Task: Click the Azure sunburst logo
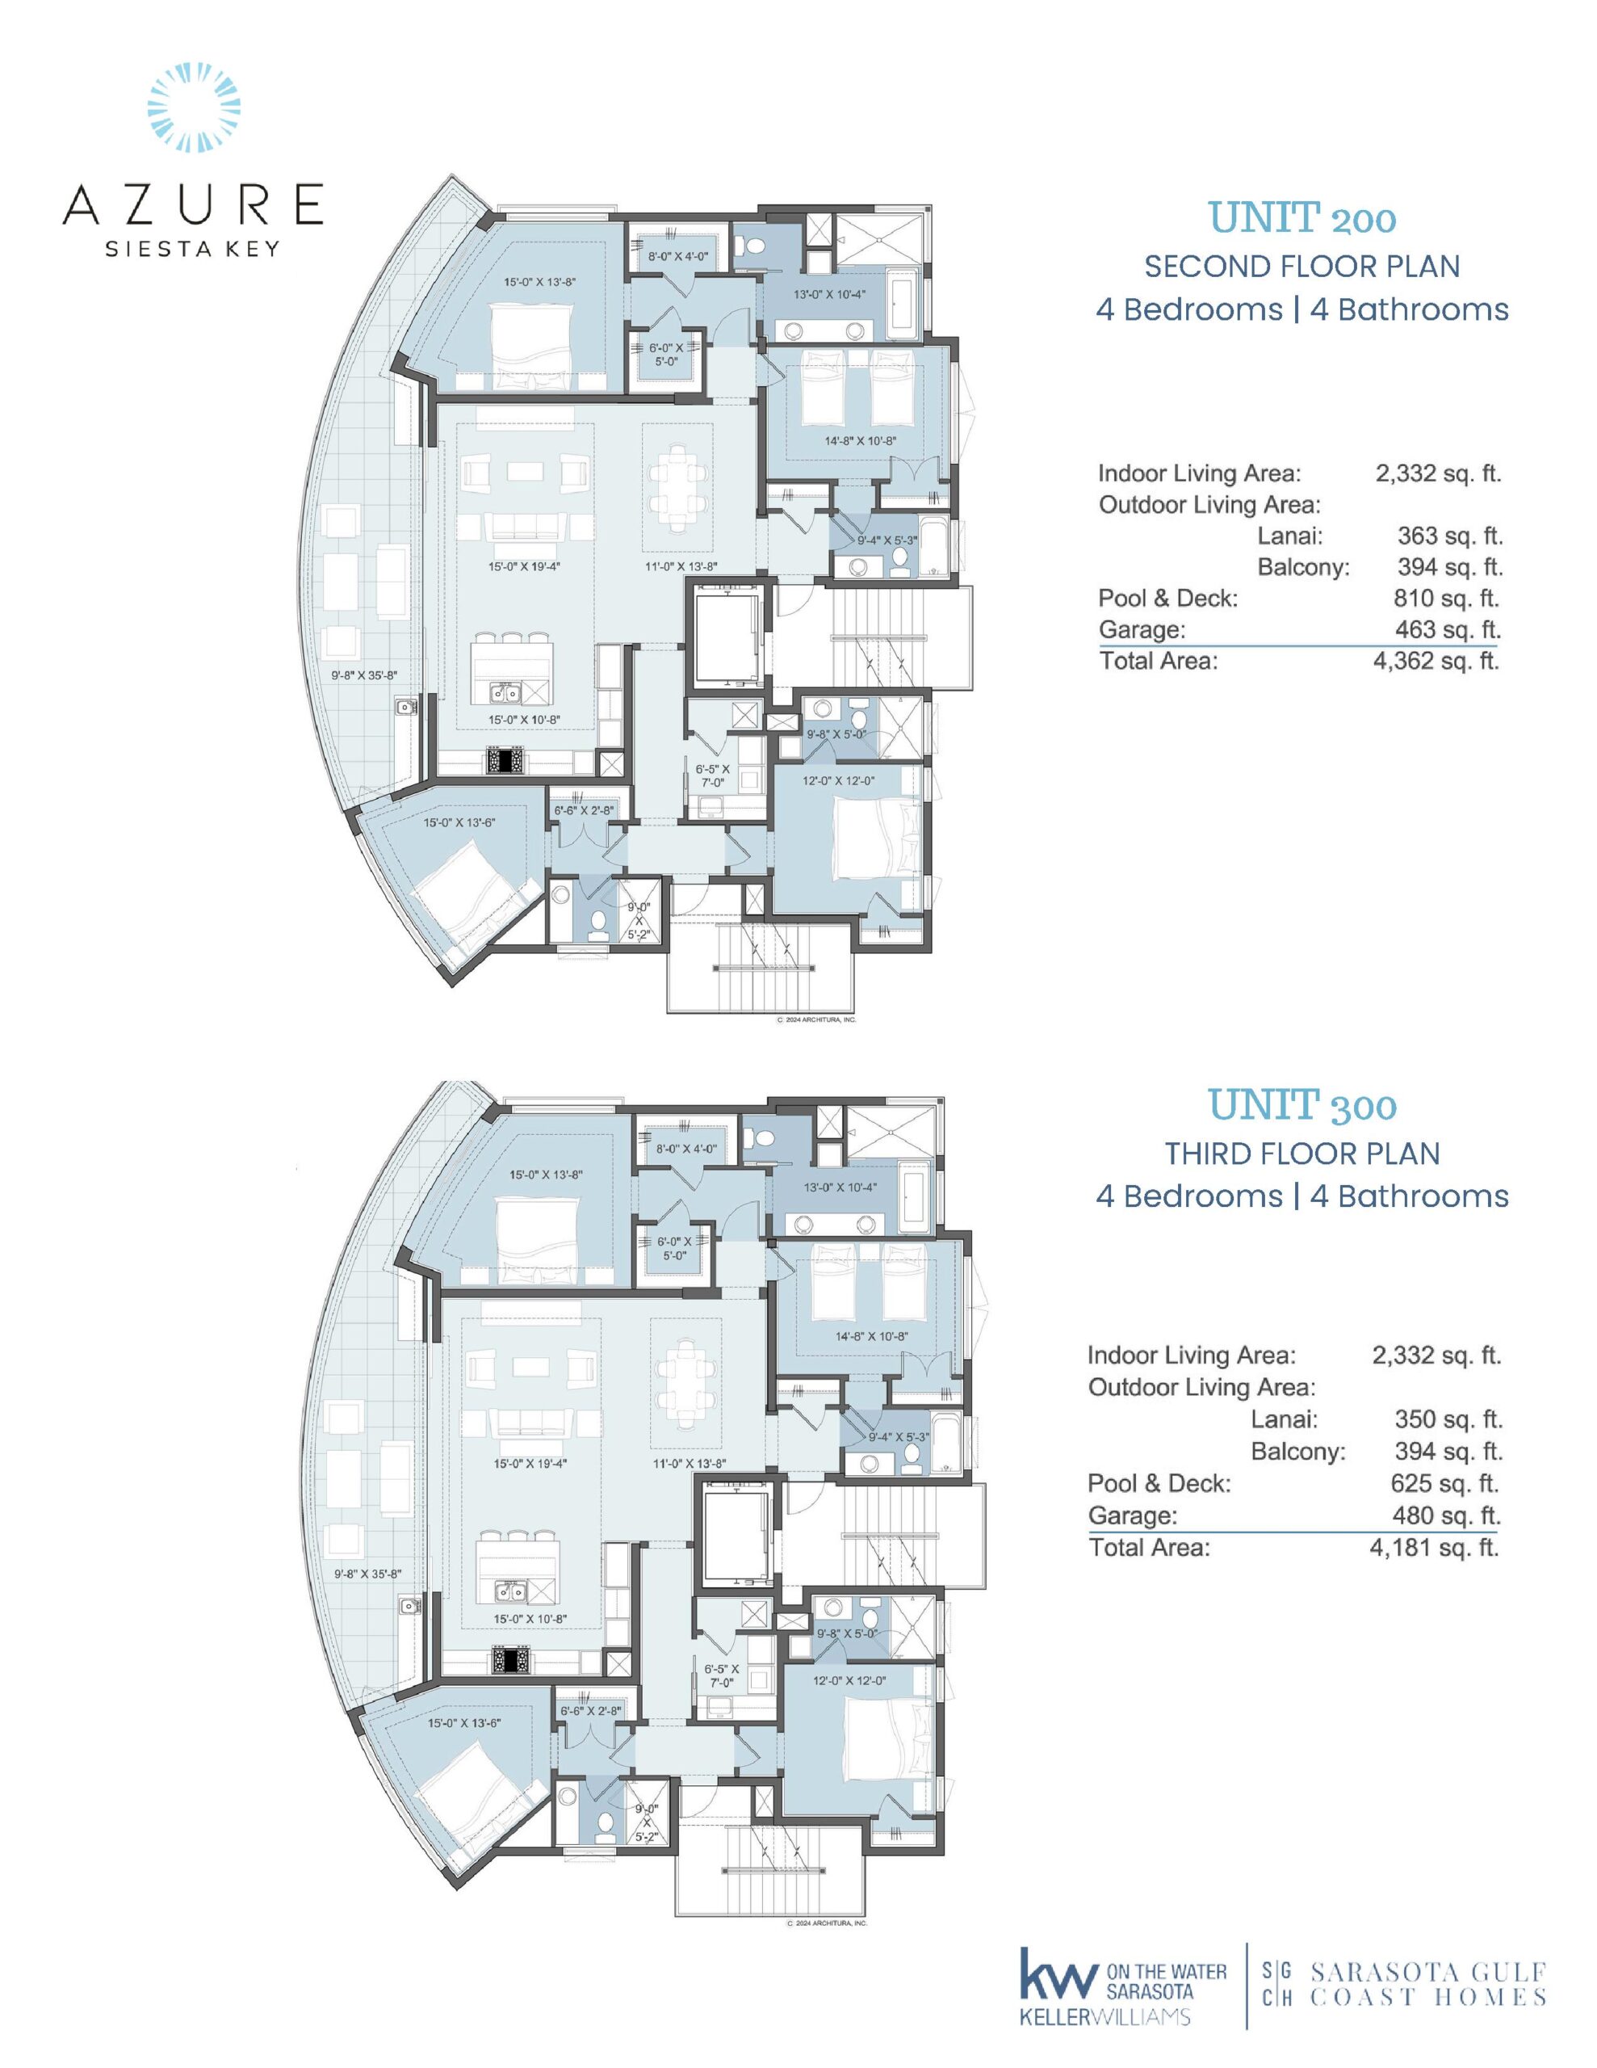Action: tap(194, 107)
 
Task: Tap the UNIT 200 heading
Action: tap(1301, 219)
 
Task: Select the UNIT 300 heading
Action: tap(1301, 1105)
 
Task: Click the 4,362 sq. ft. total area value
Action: tap(1436, 661)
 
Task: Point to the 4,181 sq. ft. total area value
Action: tap(1436, 1547)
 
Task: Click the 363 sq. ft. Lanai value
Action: tap(1450, 536)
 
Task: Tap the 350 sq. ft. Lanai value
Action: tap(1448, 1419)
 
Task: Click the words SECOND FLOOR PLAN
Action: tap(1301, 267)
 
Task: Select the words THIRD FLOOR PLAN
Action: tap(1301, 1154)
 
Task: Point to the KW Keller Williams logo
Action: tap(1121, 1986)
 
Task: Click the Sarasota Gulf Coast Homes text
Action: tap(1427, 1984)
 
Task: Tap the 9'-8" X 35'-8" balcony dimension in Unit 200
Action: tap(363, 676)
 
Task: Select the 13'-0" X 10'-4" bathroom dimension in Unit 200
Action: tap(829, 295)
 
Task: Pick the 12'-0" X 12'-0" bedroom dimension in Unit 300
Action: tap(849, 1681)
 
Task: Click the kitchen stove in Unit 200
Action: tap(505, 759)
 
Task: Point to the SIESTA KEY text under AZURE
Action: tap(193, 250)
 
